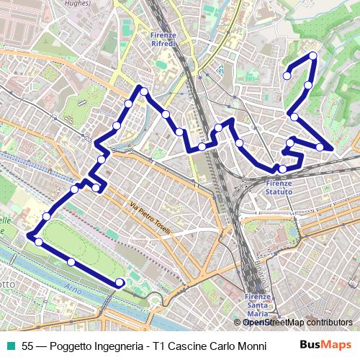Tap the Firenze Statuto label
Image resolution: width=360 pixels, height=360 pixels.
coord(279,188)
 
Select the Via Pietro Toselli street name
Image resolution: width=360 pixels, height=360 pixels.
coord(150,219)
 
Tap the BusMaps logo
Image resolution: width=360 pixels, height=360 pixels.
coord(325,346)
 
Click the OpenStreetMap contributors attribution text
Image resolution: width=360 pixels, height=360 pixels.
coord(297,323)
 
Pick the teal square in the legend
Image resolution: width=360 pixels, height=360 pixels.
coord(10,346)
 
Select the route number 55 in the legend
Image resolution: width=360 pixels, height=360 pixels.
coord(28,346)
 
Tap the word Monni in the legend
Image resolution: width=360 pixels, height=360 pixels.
coord(241,346)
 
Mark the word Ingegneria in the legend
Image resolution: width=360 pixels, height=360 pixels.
coord(119,346)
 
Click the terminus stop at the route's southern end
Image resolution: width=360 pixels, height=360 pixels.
coord(120,282)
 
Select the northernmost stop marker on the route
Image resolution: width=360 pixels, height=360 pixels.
coord(313,55)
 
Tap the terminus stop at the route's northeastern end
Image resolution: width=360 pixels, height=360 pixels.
coord(287,75)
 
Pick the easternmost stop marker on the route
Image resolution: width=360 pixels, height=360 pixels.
coord(320,147)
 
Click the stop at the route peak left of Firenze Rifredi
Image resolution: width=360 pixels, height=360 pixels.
coord(144,91)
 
